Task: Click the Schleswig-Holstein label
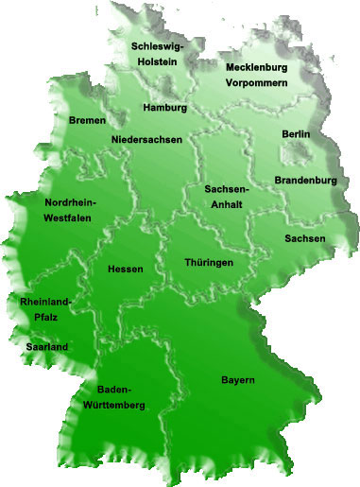pyautogui.click(x=158, y=54)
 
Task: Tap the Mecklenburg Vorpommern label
pyautogui.click(x=255, y=75)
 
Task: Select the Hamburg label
pyautogui.click(x=164, y=108)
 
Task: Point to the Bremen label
pyautogui.click(x=87, y=121)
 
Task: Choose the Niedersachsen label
pyautogui.click(x=146, y=140)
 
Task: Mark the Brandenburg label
pyautogui.click(x=305, y=180)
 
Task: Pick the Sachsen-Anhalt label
pyautogui.click(x=227, y=196)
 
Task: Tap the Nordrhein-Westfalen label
pyautogui.click(x=69, y=210)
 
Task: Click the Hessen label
pyautogui.click(x=126, y=270)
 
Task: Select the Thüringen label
pyautogui.click(x=209, y=262)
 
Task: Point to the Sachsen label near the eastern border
pyautogui.click(x=304, y=238)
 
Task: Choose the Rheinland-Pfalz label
pyautogui.click(x=45, y=310)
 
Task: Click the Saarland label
pyautogui.click(x=45, y=348)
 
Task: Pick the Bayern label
pyautogui.click(x=238, y=380)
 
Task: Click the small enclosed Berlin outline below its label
pyautogui.click(x=298, y=151)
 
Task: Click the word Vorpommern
pyautogui.click(x=255, y=82)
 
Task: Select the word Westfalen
pyautogui.click(x=69, y=217)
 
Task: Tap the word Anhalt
pyautogui.click(x=227, y=203)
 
